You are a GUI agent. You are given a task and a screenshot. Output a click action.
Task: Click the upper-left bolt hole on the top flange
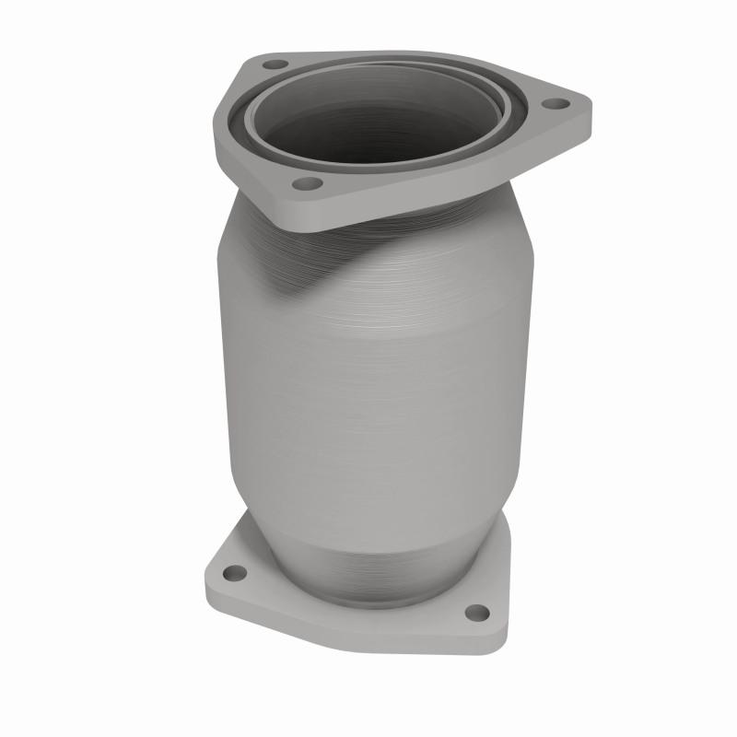point(275,65)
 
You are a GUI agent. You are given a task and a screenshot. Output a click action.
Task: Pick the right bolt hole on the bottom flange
point(476,612)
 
